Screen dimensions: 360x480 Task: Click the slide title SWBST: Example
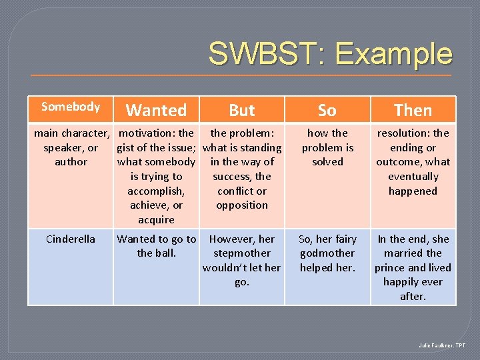click(x=330, y=54)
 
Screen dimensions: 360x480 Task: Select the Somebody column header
click(x=70, y=107)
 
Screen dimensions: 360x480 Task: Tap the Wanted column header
click(x=156, y=110)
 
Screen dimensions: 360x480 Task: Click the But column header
click(x=242, y=110)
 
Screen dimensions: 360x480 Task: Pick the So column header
click(x=327, y=110)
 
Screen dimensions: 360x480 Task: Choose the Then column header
click(x=413, y=110)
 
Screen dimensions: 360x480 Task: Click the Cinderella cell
click(x=70, y=239)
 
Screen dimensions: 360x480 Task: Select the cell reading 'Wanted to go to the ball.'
click(x=156, y=246)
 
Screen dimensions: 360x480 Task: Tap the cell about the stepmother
click(x=242, y=260)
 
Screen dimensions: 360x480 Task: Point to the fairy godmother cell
click(x=327, y=253)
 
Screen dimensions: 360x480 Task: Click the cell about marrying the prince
click(x=413, y=267)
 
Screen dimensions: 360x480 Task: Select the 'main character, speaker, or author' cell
click(x=71, y=147)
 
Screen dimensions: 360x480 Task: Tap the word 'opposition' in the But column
click(x=242, y=205)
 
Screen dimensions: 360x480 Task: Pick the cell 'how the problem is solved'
click(x=327, y=147)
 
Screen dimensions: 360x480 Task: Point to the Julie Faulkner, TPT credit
click(x=442, y=345)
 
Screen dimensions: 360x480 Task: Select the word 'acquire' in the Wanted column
click(x=156, y=219)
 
